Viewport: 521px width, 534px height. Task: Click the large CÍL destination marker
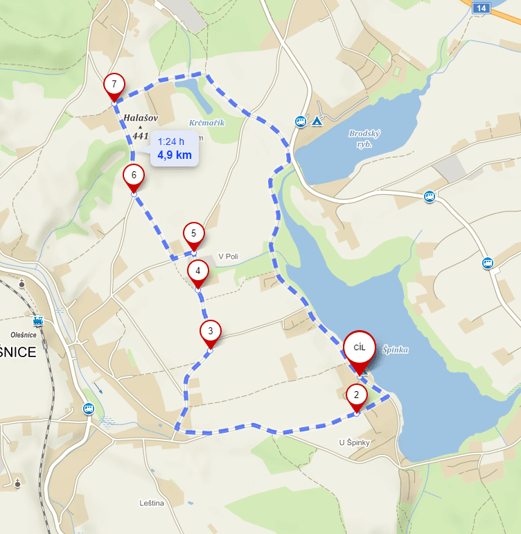point(359,347)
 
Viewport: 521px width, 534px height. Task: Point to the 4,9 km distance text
point(174,155)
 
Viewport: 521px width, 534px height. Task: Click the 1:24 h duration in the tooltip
point(171,141)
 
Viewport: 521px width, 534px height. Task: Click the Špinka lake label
point(395,350)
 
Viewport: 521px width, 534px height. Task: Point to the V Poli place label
point(228,257)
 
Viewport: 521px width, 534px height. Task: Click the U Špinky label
point(355,442)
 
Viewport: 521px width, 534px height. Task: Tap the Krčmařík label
point(206,123)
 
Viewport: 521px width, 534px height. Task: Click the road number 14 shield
point(481,8)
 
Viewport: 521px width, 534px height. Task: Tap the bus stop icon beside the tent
point(301,121)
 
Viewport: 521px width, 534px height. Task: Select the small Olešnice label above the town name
point(23,334)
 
